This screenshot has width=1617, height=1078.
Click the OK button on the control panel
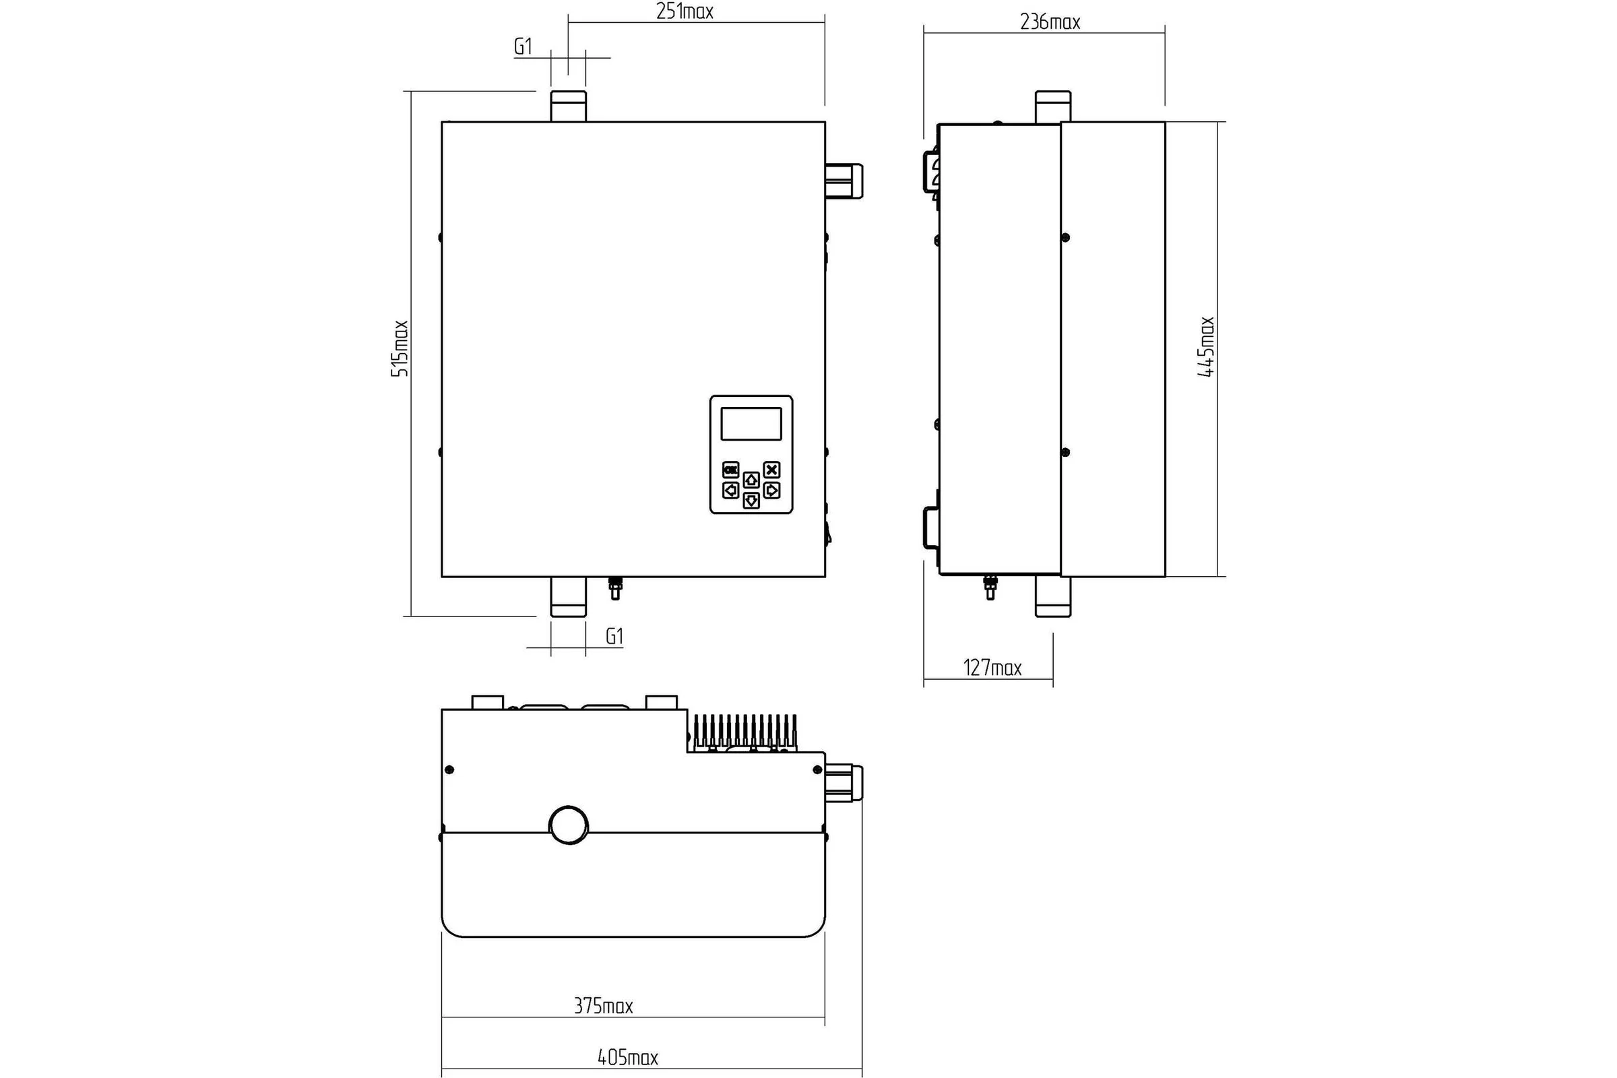coord(730,470)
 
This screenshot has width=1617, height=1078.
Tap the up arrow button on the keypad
coord(751,479)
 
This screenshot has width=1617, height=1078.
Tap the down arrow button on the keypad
coord(751,501)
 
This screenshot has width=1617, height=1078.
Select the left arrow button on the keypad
coord(730,490)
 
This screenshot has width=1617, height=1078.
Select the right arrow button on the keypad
coord(772,490)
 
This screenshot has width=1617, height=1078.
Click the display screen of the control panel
coord(751,424)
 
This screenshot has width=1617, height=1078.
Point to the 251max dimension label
coord(685,11)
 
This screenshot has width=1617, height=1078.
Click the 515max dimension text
coord(400,348)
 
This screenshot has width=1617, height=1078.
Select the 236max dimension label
coord(1050,22)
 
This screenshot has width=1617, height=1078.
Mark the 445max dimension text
coord(1207,346)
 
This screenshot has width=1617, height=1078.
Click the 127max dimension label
coord(992,668)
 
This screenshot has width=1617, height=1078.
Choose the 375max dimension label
coord(604,1006)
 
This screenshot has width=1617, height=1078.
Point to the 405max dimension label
coord(628,1057)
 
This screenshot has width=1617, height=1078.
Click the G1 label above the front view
coord(524,46)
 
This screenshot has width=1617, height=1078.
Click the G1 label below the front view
coord(614,637)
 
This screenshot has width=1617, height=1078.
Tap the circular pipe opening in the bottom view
coord(569,825)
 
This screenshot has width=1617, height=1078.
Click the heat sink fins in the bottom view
coord(745,732)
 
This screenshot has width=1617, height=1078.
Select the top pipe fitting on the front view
coord(569,106)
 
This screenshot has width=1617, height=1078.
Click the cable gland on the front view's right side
coord(844,181)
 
